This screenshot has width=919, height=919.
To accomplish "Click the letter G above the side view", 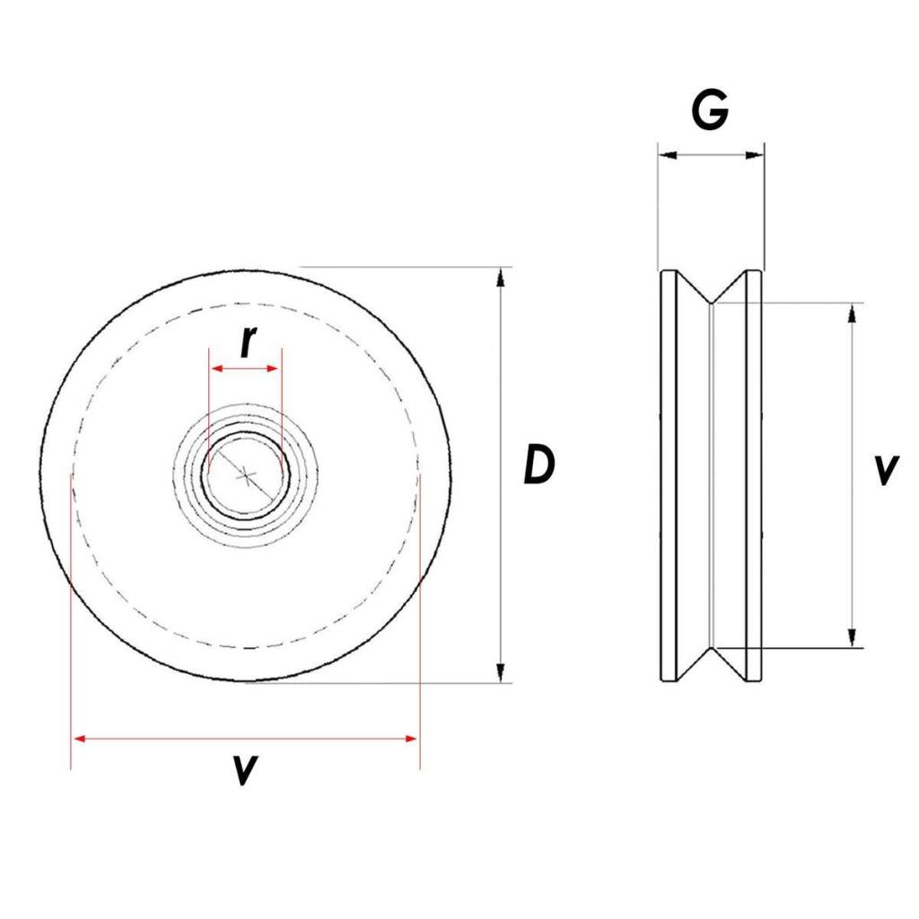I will [x=710, y=111].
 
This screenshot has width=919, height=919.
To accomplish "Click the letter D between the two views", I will [x=538, y=466].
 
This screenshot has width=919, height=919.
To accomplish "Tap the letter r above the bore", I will [x=248, y=341].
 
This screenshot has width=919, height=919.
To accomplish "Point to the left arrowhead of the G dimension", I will [x=665, y=155].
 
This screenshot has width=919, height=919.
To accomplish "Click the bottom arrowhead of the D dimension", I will [x=501, y=672].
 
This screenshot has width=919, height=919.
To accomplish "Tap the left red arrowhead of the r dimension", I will [x=215, y=368].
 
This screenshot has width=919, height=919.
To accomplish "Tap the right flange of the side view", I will [x=754, y=475].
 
